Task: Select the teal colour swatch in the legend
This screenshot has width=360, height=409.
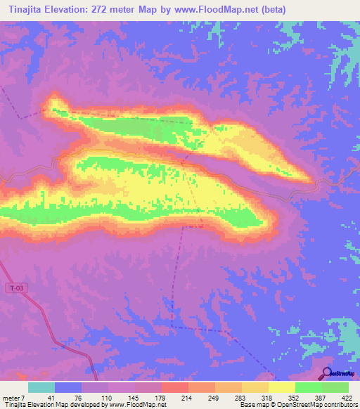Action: coord(41,387)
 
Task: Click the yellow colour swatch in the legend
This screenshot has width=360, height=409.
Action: coord(281,387)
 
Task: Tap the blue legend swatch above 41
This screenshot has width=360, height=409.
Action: coord(68,387)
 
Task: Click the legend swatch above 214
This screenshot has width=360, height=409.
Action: coord(174,387)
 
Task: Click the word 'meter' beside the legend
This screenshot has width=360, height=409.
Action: coord(12,398)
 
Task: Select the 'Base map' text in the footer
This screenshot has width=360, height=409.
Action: coord(252,405)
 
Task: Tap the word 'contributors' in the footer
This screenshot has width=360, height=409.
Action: coord(340,405)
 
